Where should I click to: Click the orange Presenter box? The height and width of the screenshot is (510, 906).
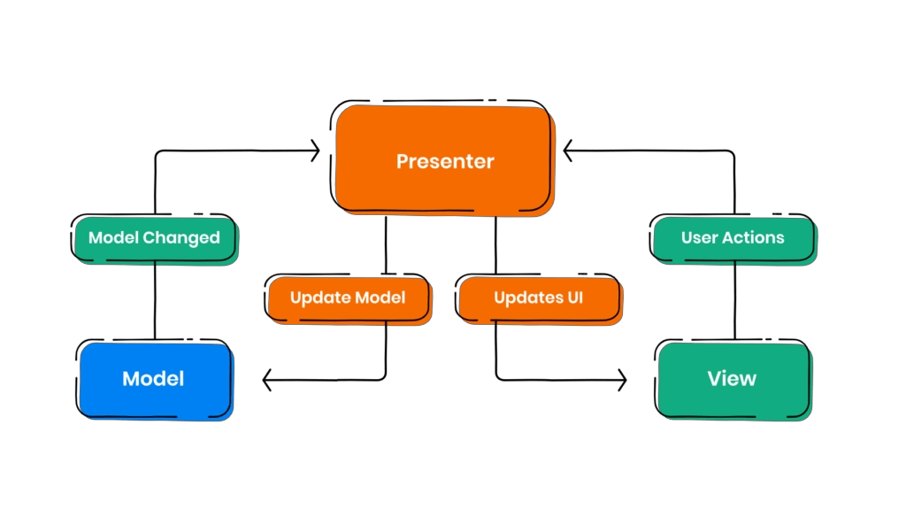444,161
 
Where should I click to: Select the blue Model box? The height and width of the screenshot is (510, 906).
154,379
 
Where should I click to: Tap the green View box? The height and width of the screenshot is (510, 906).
732,379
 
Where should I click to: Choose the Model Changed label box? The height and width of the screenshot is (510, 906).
154,237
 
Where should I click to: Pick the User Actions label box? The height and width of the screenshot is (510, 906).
732,237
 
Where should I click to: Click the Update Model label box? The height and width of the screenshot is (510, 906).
348,297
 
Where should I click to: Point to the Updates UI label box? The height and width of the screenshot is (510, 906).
538,297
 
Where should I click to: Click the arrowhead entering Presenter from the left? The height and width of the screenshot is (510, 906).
313,152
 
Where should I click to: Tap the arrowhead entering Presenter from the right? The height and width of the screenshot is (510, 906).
569,152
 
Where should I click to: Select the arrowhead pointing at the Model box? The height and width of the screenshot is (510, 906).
268,381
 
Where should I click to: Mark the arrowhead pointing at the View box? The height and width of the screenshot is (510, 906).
621,381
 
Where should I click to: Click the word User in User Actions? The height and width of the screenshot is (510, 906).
699,237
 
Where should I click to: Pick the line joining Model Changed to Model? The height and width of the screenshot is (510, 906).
156,301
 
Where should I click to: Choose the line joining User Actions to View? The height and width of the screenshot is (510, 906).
735,301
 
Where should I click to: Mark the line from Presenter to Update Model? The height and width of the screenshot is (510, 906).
385,248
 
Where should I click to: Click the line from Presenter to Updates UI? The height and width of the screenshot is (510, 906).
495,248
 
